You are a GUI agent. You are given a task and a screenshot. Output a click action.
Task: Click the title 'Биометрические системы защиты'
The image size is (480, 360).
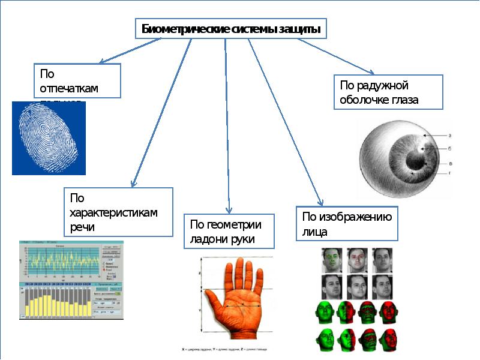[231, 29]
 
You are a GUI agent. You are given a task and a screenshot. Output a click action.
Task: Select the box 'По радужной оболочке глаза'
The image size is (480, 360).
[388, 92]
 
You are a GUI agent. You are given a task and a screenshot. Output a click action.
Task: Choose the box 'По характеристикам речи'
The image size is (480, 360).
[118, 212]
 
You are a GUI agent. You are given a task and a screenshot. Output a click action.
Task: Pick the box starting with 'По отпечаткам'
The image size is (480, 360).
[77, 81]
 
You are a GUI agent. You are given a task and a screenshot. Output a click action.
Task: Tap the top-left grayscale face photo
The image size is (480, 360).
[332, 260]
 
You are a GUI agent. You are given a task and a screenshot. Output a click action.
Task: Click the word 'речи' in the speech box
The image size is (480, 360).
[82, 228]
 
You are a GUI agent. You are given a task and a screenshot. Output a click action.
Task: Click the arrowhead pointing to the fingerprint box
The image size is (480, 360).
[101, 62]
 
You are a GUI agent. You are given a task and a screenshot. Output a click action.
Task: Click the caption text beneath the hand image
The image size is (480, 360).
[225, 349]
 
